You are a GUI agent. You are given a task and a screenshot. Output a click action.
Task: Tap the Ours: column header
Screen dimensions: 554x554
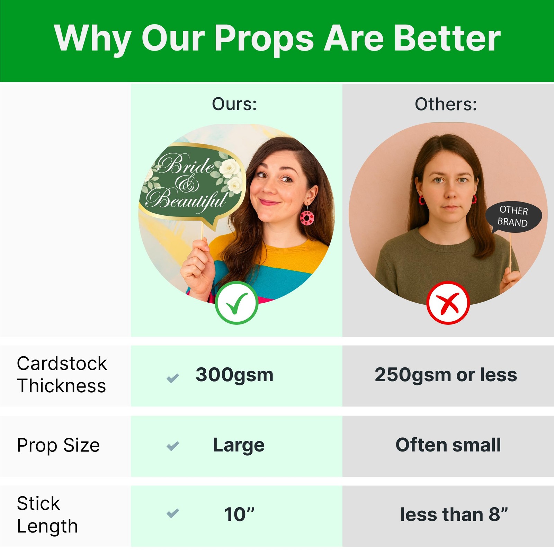(x=234, y=104)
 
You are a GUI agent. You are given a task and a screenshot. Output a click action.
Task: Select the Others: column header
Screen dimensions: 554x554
(x=446, y=104)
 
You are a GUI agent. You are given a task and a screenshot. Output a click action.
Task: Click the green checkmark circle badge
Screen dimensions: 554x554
(x=236, y=303)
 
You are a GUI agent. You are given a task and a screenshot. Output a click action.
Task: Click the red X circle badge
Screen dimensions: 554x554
(x=448, y=303)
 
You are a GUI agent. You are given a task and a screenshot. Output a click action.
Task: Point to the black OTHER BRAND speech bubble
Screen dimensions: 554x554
(x=513, y=217)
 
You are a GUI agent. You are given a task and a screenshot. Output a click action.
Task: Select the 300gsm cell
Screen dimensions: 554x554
(x=234, y=375)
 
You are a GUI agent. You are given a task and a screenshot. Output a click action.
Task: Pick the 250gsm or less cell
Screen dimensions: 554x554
(x=446, y=375)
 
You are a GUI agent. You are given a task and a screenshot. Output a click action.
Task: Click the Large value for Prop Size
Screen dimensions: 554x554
(x=239, y=445)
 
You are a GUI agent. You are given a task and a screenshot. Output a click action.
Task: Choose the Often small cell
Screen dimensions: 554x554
(x=448, y=445)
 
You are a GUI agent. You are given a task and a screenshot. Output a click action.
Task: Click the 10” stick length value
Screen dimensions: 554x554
(x=239, y=515)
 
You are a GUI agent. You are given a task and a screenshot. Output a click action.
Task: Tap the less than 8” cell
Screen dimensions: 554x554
(x=454, y=515)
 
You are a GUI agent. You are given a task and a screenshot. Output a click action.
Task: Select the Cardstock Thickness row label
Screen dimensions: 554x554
(x=62, y=375)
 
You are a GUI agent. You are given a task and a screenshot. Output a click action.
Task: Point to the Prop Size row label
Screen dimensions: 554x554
(x=58, y=445)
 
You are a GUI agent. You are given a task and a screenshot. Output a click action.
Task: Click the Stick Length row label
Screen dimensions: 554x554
(x=47, y=515)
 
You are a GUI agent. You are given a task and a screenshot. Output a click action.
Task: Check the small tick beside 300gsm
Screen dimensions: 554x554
(x=173, y=378)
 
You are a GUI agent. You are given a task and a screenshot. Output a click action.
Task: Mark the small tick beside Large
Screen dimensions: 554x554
(x=173, y=446)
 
